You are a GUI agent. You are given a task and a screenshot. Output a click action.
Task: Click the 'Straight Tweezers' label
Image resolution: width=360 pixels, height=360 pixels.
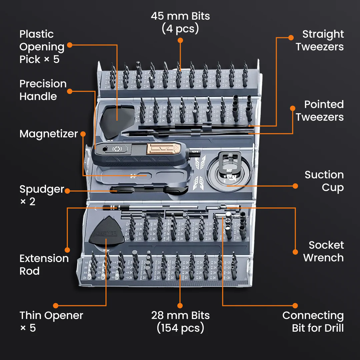click(319, 40)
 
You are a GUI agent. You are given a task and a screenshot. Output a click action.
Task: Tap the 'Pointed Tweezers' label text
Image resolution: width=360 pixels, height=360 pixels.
click(319, 111)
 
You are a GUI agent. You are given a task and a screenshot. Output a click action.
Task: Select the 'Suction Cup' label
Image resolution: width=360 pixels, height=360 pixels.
click(324, 181)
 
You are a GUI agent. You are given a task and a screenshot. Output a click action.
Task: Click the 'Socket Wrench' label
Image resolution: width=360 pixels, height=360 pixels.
click(323, 251)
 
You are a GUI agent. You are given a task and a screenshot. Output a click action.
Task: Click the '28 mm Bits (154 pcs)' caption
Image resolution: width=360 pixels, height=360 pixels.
click(180, 322)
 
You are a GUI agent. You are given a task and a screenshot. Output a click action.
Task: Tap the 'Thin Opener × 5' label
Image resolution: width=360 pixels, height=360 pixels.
click(51, 322)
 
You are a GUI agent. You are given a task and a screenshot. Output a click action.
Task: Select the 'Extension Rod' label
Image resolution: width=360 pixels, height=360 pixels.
click(44, 265)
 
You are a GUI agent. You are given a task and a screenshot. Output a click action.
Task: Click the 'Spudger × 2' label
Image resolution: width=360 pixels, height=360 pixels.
click(41, 195)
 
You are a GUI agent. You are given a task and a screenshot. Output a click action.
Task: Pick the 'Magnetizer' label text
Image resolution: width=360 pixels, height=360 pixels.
click(48, 134)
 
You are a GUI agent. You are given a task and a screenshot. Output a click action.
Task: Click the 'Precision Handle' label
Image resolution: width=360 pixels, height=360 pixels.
click(43, 90)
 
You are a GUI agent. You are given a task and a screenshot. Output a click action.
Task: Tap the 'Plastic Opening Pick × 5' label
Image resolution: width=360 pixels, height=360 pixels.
click(42, 47)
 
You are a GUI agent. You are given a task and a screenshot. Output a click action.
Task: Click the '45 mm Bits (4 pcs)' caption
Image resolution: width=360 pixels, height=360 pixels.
click(180, 22)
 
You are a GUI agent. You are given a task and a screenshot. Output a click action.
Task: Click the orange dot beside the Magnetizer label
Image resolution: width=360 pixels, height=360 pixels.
click(83, 134)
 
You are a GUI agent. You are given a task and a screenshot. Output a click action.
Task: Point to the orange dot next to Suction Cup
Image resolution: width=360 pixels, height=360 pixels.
click(295, 186)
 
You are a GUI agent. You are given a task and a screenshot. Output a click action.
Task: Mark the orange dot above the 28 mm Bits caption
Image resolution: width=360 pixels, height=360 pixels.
click(180, 305)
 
